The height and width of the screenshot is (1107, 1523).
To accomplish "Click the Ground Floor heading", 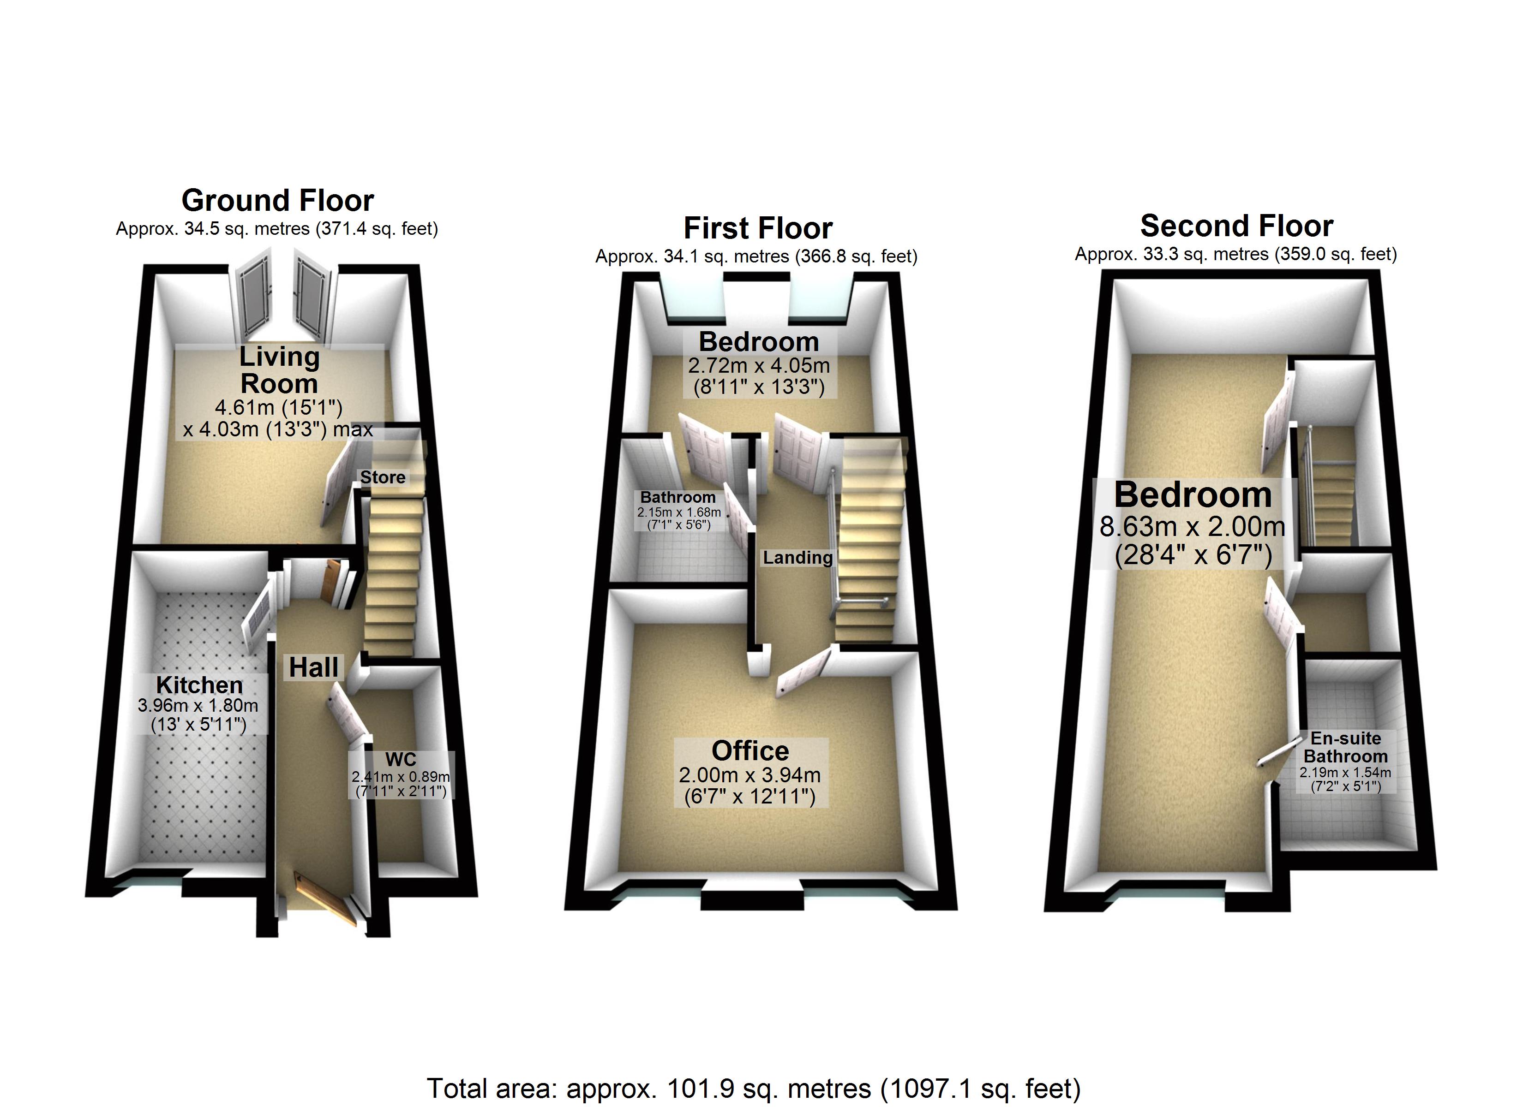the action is tap(277, 200).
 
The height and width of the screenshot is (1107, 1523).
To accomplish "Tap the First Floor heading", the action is tap(758, 228).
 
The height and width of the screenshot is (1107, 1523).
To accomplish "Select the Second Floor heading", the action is tap(1236, 226).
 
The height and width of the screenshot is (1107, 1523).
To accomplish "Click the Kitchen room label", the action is tap(199, 685).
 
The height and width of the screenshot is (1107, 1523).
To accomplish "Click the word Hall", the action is tap(313, 667).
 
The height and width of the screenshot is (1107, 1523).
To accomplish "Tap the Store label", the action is tap(383, 477).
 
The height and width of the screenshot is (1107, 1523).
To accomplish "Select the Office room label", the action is tap(750, 750).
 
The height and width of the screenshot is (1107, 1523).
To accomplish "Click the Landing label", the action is tap(798, 557).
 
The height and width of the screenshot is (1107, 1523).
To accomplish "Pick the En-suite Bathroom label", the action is tap(1346, 747).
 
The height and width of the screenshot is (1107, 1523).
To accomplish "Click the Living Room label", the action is tap(279, 370).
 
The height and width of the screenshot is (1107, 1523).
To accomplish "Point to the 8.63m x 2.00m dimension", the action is tap(1192, 527).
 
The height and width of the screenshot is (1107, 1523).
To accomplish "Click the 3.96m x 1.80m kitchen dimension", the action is tap(198, 706).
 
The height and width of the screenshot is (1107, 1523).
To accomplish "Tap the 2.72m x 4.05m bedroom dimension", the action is tap(759, 366).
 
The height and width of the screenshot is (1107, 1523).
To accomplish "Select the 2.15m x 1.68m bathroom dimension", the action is tap(679, 512).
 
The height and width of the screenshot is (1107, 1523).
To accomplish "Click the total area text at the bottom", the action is tap(754, 1088).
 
